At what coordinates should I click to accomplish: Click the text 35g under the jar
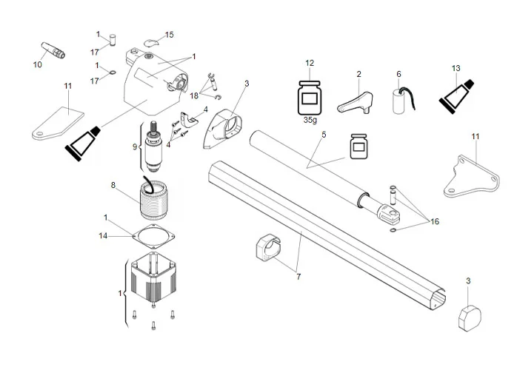309,119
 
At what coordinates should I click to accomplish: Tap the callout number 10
38,65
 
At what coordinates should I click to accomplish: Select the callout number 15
169,35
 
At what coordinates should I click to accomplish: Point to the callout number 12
310,63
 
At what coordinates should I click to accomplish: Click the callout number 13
457,68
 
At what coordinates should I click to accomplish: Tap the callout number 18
194,96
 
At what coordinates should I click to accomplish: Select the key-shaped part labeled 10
52,50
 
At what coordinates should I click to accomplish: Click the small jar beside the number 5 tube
361,147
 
